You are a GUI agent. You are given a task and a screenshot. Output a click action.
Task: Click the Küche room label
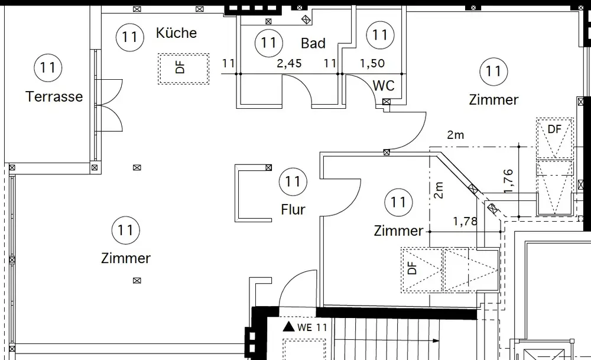pyautogui.click(x=176, y=33)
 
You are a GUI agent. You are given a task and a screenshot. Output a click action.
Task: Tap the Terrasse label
pyautogui.click(x=54, y=97)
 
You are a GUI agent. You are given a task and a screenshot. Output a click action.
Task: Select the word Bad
pyautogui.click(x=313, y=43)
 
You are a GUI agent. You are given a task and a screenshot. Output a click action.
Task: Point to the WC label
pyautogui.click(x=384, y=86)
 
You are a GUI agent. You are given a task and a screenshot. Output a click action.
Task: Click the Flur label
pyautogui.click(x=293, y=209)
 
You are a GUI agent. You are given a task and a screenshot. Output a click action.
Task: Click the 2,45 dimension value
pyautogui.click(x=289, y=63)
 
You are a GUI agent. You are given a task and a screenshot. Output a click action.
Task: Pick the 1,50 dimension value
pyautogui.click(x=372, y=63)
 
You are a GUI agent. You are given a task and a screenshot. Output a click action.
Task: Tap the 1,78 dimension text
pyautogui.click(x=465, y=222)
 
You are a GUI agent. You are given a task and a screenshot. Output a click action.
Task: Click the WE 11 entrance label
pyautogui.click(x=312, y=327)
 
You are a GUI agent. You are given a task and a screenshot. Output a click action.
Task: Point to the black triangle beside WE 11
pyautogui.click(x=288, y=326)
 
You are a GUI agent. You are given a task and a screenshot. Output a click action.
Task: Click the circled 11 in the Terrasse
pyautogui.click(x=47, y=67)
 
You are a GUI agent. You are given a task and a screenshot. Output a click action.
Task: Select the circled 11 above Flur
pyautogui.click(x=293, y=181)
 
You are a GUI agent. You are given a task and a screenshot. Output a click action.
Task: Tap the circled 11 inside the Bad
pyautogui.click(x=268, y=43)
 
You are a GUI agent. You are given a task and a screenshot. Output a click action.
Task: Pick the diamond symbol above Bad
pyautogui.click(x=306, y=20)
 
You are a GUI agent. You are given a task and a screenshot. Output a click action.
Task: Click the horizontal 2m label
pyautogui.click(x=455, y=135)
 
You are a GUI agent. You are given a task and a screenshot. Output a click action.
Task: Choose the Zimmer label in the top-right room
pyautogui.click(x=493, y=100)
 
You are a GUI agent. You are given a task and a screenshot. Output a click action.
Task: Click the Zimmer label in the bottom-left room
pyautogui.click(x=126, y=258)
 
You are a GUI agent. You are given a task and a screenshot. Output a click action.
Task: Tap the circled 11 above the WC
pyautogui.click(x=380, y=35)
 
